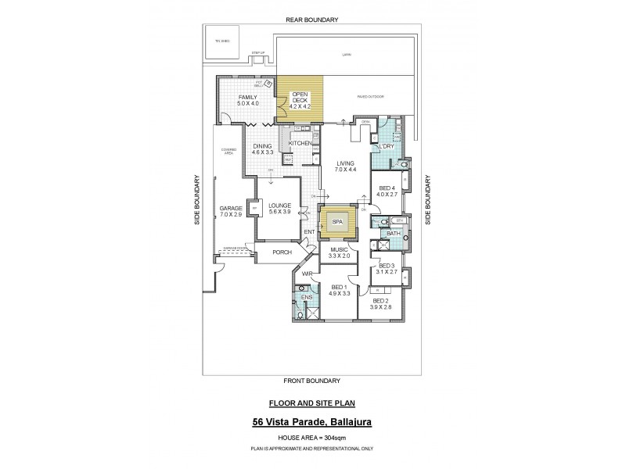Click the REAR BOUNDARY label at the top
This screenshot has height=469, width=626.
tap(311, 19)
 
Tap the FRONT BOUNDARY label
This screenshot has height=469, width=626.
tap(311, 381)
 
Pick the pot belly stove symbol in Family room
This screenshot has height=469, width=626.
tap(268, 83)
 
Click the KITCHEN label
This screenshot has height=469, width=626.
tap(300, 144)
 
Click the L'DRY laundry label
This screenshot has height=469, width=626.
tap(385, 146)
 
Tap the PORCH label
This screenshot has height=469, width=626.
tap(282, 252)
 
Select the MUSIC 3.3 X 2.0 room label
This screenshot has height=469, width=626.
tap(338, 252)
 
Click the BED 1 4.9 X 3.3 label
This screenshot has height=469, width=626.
tap(338, 290)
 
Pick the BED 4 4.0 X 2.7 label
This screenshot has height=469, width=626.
tap(389, 192)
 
